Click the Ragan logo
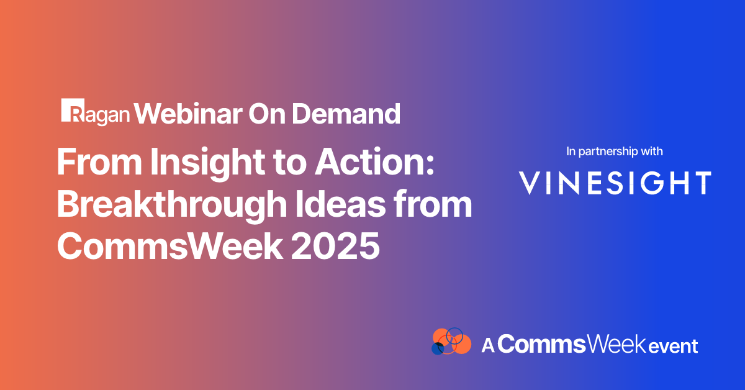pos(95,112)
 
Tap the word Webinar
pos(188,114)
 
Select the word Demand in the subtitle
pos(346,114)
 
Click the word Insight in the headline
pos(208,163)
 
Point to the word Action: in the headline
pos(375,161)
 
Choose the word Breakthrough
pos(172,206)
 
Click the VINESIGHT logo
pos(615,183)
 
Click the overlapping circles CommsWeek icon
pos(451,341)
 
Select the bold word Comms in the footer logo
pos(541,345)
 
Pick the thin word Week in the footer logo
pos(616,345)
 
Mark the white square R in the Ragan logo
pos(73,110)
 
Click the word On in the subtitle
pos(267,114)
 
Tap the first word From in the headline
pos(99,161)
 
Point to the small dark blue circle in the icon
pos(438,349)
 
